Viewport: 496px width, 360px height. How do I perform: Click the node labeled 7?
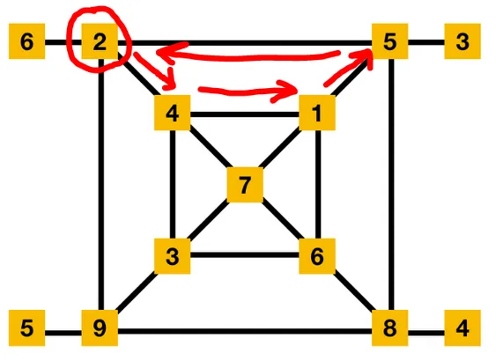point(245,185)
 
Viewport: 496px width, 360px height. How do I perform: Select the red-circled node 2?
point(100,41)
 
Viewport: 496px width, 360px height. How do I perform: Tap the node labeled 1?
point(317,113)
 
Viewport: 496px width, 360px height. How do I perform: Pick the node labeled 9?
point(100,327)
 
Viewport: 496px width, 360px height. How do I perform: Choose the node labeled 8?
point(389,327)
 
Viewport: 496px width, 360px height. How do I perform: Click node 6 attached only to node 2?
point(27,41)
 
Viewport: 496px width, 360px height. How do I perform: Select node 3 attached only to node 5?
point(463,41)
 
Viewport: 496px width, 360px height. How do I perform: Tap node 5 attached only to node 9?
point(27,327)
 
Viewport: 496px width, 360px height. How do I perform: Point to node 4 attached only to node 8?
point(463,327)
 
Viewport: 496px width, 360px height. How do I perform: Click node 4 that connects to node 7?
point(173,113)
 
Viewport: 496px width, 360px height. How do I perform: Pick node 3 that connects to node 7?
point(173,256)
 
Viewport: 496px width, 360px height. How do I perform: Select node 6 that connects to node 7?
point(317,256)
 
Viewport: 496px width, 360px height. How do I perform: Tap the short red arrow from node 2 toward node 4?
point(155,71)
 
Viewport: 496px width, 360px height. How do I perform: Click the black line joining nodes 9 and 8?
point(245,331)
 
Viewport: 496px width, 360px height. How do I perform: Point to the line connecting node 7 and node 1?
point(280,148)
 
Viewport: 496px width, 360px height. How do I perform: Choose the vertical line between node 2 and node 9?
point(101,185)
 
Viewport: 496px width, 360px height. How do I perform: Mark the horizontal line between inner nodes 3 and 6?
point(245,254)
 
